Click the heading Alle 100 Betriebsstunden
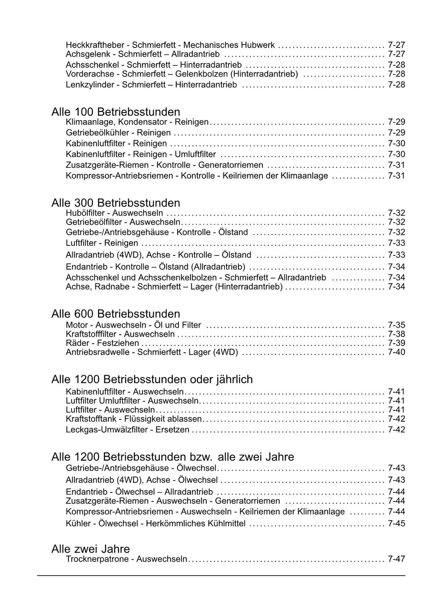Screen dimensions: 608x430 pyautogui.click(x=115, y=112)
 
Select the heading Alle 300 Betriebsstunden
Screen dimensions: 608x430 pyautogui.click(x=115, y=203)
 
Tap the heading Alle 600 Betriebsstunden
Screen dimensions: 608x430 pyautogui.click(x=115, y=314)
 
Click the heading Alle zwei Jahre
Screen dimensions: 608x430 pyautogui.click(x=90, y=549)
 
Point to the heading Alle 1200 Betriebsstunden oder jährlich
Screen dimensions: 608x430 pyautogui.click(x=152, y=379)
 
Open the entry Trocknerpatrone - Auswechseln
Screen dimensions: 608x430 pyautogui.click(x=126, y=559)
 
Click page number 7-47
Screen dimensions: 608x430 pyautogui.click(x=396, y=559)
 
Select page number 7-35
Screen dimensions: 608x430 pyautogui.click(x=396, y=325)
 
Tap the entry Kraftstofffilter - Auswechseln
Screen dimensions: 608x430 pyautogui.click(x=120, y=334)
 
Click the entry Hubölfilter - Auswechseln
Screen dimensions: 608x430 pyautogui.click(x=114, y=213)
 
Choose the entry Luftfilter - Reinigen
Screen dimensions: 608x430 pyautogui.click(x=102, y=243)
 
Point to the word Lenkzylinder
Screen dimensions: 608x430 pyautogui.click(x=89, y=85)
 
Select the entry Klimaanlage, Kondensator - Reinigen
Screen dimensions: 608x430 pyautogui.click(x=137, y=122)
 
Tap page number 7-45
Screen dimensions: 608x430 pyautogui.click(x=396, y=524)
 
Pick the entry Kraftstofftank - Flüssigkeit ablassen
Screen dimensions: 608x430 pyautogui.click(x=134, y=419)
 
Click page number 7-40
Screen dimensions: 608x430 pyautogui.click(x=396, y=352)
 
